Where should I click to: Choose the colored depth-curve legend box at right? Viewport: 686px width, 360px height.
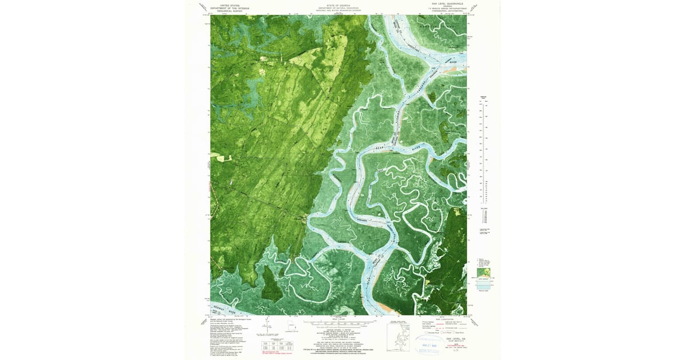click(x=484, y=280)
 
